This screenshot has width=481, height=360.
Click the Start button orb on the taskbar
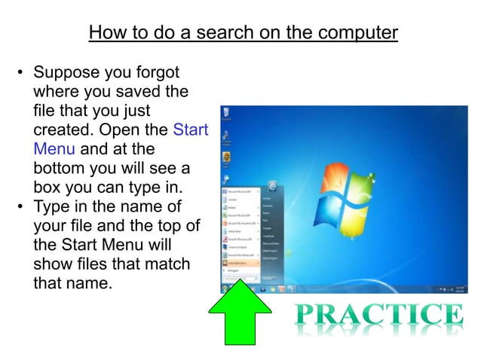point(225,288)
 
